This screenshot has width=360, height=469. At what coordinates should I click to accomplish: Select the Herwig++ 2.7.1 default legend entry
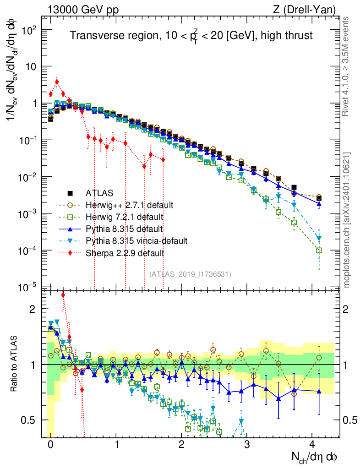[x=130, y=204]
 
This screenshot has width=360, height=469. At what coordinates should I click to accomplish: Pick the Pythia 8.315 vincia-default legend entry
[x=136, y=240]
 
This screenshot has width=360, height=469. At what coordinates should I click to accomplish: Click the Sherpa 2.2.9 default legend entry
[x=125, y=252]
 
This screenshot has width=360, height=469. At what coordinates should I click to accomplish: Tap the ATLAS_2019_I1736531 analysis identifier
[x=190, y=274]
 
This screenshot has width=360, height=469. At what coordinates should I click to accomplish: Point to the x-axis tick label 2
[x=181, y=445]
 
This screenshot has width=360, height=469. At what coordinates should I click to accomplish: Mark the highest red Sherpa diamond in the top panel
[x=57, y=82]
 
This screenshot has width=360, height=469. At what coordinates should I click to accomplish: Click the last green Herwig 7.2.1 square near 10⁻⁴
[x=319, y=251]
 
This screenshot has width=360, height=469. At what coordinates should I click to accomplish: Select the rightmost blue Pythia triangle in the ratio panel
[x=319, y=391]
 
